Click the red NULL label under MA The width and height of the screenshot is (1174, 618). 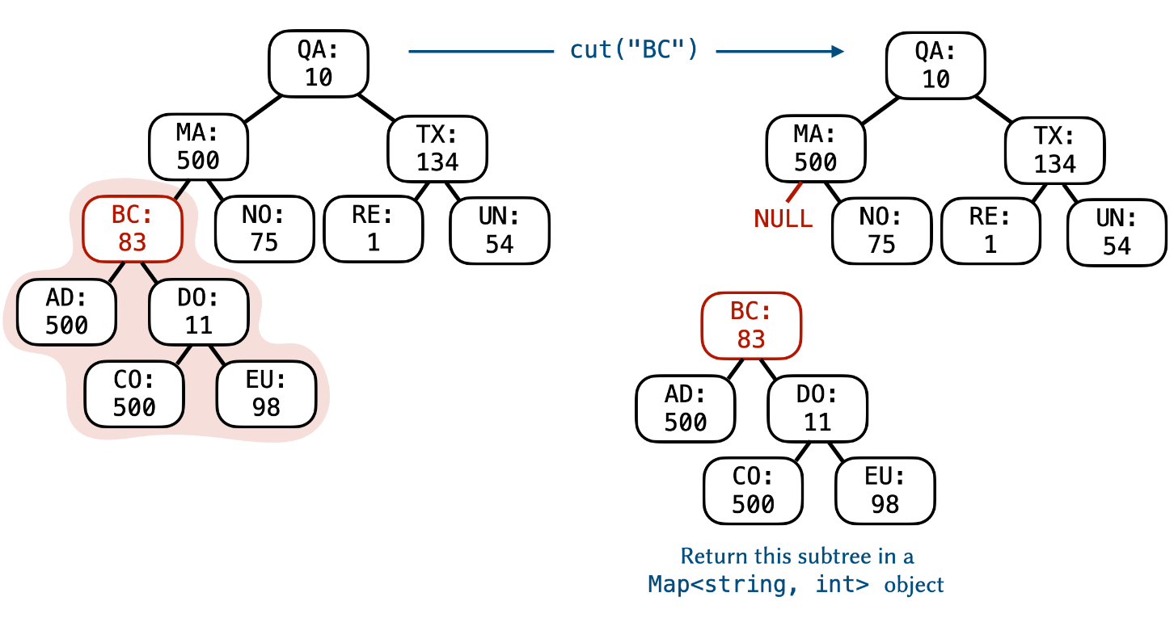[783, 218]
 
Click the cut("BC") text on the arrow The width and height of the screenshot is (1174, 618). [633, 50]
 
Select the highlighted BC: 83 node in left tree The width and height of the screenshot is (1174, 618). [131, 229]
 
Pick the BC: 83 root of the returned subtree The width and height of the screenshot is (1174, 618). [750, 326]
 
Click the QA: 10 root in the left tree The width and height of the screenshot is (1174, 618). [319, 65]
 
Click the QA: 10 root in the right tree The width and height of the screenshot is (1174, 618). [935, 65]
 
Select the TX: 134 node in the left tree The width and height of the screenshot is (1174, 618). [437, 149]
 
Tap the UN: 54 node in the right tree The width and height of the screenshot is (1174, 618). [1117, 232]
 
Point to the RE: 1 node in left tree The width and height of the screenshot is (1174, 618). [373, 229]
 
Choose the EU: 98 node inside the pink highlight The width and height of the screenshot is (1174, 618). [265, 393]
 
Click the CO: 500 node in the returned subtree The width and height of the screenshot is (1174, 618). [753, 490]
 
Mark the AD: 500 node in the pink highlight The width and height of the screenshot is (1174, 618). [66, 312]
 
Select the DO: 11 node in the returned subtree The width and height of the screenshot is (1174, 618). [817, 408]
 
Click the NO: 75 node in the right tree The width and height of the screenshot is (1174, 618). [881, 230]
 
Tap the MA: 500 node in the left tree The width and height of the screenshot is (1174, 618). [198, 147]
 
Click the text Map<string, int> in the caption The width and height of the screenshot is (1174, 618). [758, 584]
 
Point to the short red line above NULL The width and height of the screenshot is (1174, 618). [794, 191]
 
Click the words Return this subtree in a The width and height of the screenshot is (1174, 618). [796, 557]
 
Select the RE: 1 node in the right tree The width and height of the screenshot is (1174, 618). [990, 230]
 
